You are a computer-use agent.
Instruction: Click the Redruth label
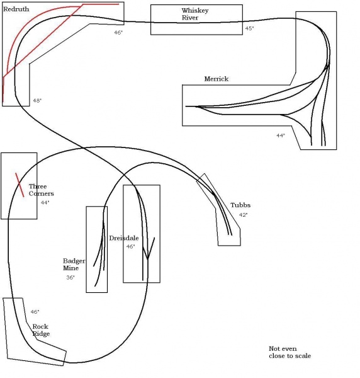coord(16,9)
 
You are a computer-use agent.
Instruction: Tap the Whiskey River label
coord(195,14)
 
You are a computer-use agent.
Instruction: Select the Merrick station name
coord(217,79)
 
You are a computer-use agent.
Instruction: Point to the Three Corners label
coord(41,190)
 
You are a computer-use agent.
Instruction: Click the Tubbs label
coord(240,205)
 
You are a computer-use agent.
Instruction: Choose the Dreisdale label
coord(124,238)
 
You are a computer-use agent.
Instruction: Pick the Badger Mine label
coord(74,265)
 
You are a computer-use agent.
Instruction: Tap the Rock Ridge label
coord(41,330)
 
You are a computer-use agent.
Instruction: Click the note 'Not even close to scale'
coord(290,352)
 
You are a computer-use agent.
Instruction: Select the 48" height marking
coord(37,101)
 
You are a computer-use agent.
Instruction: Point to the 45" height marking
coord(249,28)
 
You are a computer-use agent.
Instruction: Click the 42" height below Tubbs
coord(243,215)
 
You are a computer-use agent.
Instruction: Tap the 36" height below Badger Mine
coord(70,277)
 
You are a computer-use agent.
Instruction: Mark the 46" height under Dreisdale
coord(130,246)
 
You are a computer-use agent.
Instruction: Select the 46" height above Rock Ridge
coord(35,312)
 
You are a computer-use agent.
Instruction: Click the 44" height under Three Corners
coord(45,202)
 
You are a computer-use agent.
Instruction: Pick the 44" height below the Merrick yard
coord(281,135)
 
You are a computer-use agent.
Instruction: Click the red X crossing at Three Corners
coord(20,185)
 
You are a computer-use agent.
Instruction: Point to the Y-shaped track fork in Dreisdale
coord(148,258)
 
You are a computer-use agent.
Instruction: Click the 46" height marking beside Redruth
coord(118,32)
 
